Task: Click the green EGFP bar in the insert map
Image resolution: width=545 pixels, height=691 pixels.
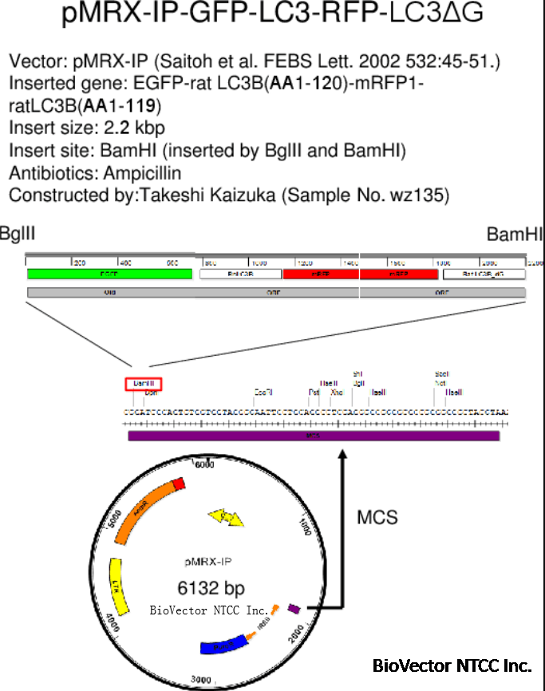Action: click(109, 274)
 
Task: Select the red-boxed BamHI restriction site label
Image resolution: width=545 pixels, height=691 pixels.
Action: click(144, 384)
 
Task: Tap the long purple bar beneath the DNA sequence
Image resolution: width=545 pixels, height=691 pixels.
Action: click(314, 436)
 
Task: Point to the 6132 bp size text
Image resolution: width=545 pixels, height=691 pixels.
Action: click(211, 589)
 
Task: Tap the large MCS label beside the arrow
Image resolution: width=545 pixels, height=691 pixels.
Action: click(377, 517)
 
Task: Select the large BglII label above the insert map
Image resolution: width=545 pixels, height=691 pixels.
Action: click(18, 234)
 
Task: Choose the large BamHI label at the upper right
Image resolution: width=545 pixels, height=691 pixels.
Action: click(515, 234)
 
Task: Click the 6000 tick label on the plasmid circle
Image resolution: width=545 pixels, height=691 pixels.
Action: click(205, 464)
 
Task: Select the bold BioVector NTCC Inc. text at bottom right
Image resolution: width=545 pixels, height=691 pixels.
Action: click(452, 665)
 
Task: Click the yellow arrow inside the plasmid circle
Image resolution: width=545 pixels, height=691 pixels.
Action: click(226, 519)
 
